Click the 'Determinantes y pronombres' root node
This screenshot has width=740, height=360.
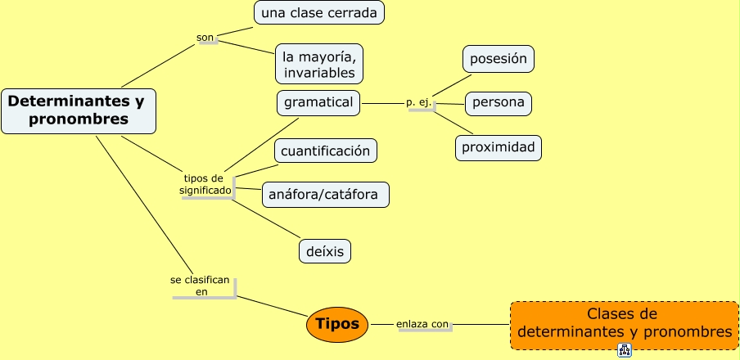[79, 110]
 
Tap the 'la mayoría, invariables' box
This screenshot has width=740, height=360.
[319, 65]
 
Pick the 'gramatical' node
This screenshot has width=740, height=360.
[318, 103]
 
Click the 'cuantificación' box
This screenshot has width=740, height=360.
[325, 151]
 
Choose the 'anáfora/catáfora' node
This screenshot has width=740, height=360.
[326, 195]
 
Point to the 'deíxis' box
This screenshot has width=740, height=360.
[325, 250]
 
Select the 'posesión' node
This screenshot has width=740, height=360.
[499, 59]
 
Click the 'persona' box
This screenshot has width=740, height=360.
[499, 104]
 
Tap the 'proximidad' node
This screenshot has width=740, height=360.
[499, 148]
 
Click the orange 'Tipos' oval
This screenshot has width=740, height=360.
[337, 324]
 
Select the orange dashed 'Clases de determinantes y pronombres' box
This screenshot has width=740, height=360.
[624, 324]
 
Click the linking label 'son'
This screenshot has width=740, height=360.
[205, 38]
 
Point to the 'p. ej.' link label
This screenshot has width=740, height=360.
[418, 103]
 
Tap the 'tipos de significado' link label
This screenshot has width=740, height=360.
[205, 184]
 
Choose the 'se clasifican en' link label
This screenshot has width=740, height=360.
[201, 285]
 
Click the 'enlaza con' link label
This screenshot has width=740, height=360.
[422, 324]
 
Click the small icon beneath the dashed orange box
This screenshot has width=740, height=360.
[625, 351]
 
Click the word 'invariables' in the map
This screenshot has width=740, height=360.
[320, 73]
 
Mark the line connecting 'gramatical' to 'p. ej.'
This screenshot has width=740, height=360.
[382, 104]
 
